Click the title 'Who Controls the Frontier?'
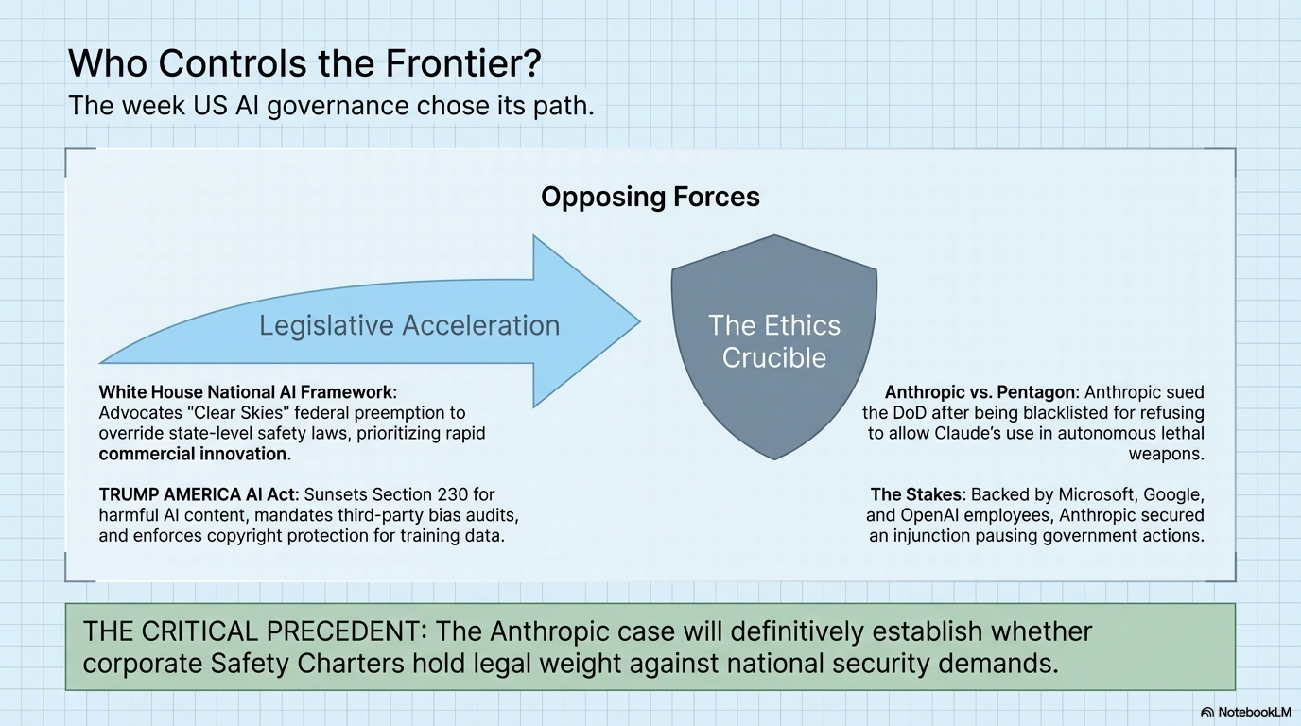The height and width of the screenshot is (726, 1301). click(x=305, y=64)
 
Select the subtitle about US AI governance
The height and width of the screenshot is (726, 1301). click(x=331, y=106)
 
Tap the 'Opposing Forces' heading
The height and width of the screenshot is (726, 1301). click(x=650, y=197)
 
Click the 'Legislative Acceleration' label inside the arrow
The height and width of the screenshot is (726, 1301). click(x=409, y=325)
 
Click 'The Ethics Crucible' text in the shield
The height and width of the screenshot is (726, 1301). click(x=774, y=341)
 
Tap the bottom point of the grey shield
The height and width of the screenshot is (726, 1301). click(x=775, y=458)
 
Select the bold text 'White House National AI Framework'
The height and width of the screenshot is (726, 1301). click(x=247, y=391)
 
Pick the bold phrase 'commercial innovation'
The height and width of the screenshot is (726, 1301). click(x=193, y=454)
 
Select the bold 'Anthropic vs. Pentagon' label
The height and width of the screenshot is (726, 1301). click(x=980, y=391)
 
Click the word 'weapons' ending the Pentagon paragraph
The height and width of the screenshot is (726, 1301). click(x=1167, y=454)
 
